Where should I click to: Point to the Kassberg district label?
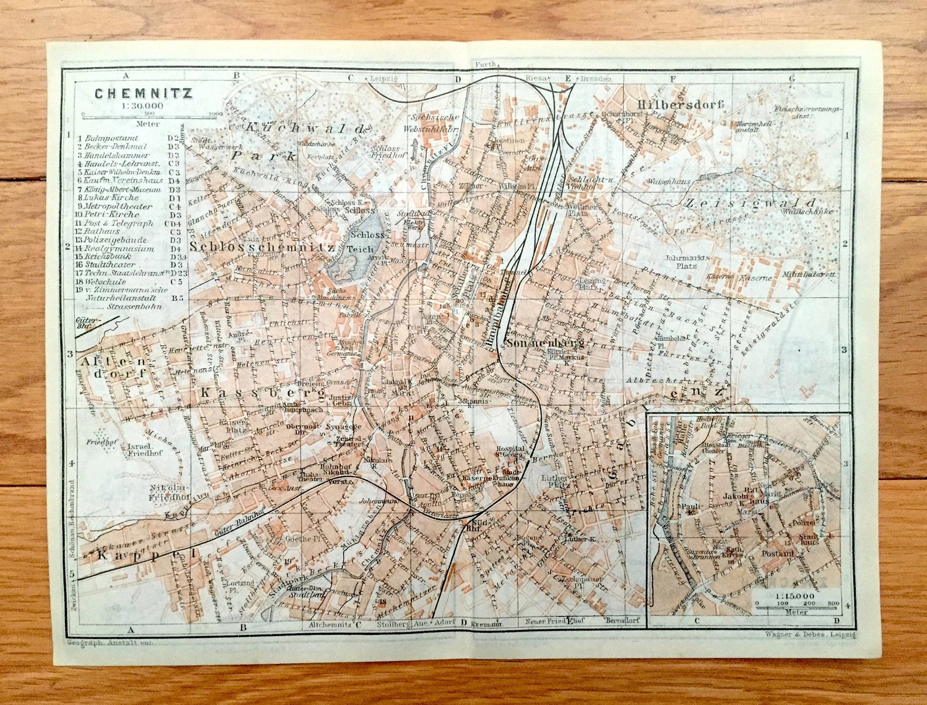[x=262, y=394]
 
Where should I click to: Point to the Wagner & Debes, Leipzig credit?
[x=808, y=634]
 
